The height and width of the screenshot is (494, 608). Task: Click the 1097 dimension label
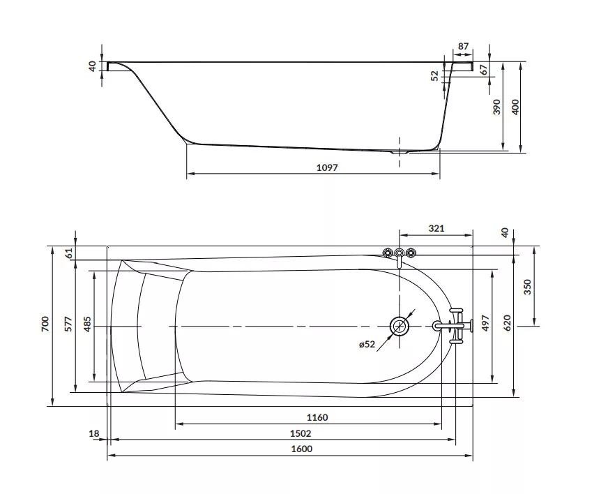pyautogui.click(x=327, y=167)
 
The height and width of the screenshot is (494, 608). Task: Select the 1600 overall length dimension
pyautogui.click(x=302, y=449)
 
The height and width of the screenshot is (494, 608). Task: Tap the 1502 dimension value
pyautogui.click(x=301, y=433)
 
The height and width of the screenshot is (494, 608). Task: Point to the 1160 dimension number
pyautogui.click(x=317, y=417)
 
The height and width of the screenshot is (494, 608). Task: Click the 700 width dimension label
pyautogui.click(x=45, y=324)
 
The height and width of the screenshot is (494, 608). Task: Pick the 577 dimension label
pyautogui.click(x=68, y=324)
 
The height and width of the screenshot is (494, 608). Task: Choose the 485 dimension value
pyautogui.click(x=87, y=324)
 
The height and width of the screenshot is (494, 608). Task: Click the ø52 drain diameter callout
pyautogui.click(x=367, y=344)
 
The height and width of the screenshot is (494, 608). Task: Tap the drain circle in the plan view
pyautogui.click(x=399, y=327)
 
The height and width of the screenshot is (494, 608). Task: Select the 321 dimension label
pyautogui.click(x=436, y=228)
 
